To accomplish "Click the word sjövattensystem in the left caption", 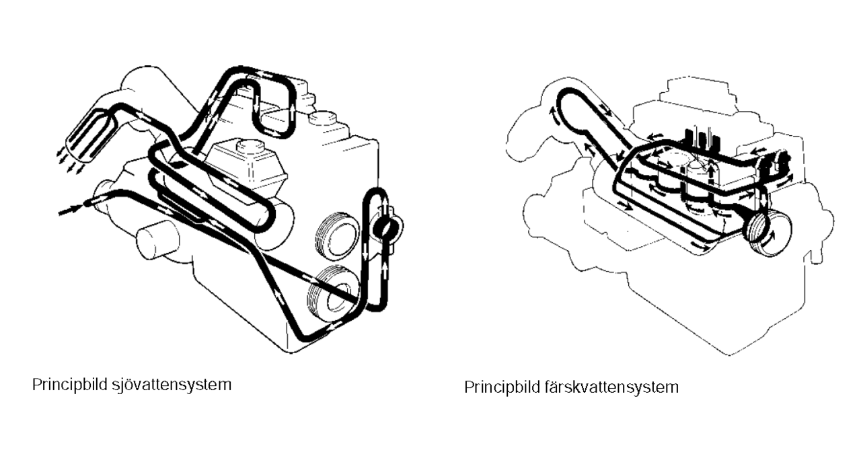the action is point(172,385).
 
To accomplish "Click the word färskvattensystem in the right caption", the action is point(611,387).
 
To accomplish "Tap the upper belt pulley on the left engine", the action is point(337,234).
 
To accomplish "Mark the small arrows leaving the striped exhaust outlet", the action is point(70,162).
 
